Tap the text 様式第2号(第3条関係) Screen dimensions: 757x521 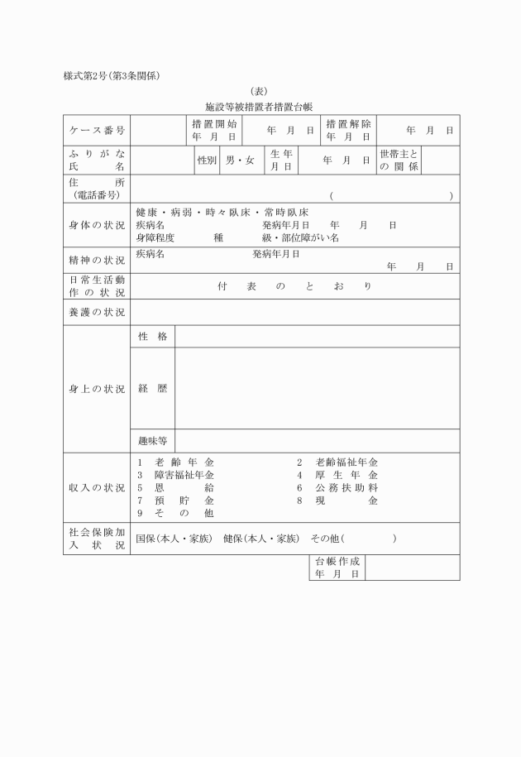pos(112,76)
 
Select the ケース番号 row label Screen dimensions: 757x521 pos(97,130)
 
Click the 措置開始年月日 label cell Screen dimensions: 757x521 pos(214,130)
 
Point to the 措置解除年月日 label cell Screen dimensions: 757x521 pos(348,130)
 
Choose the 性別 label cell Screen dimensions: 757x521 pos(207,160)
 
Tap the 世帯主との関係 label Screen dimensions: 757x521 pos(399,160)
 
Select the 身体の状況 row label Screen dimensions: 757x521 pos(97,225)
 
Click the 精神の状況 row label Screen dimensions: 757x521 pos(97,260)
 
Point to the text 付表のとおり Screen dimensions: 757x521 pos(295,285)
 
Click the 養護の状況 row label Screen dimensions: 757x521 pos(97,312)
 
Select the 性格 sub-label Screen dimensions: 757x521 pos(152,336)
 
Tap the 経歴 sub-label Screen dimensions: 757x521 pos(152,387)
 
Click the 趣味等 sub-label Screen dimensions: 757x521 pos(152,440)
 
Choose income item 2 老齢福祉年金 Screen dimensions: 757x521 pos(337,462)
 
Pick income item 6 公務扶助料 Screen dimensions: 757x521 pos(337,487)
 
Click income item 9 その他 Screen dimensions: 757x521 pos(175,513)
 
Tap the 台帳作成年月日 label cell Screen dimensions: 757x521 pos(337,567)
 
